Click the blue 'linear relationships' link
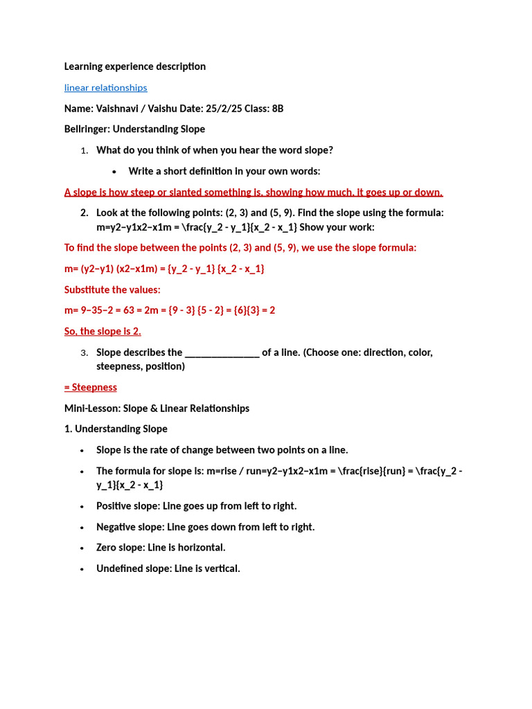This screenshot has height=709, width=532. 105,88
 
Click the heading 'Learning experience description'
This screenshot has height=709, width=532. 134,66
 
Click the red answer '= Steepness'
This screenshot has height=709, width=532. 90,387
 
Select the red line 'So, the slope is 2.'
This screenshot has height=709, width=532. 103,332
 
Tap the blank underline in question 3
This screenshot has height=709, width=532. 222,353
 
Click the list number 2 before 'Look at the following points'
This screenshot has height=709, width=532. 84,213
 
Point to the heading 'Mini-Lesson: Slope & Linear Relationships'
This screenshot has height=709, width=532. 157,409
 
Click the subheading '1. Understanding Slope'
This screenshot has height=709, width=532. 116,429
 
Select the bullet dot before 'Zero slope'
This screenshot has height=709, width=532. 82,548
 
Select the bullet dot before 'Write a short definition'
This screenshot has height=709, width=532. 114,172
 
